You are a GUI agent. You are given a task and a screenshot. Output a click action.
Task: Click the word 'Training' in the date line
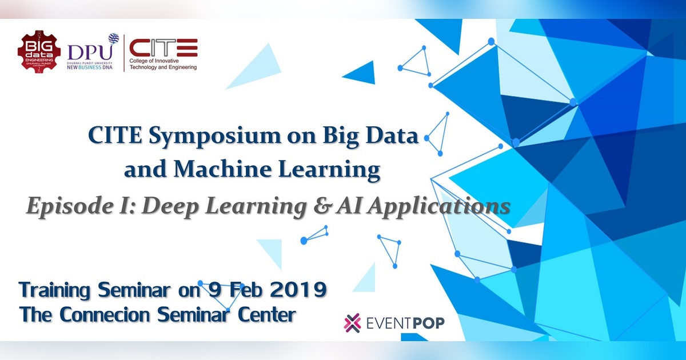coord(55,290)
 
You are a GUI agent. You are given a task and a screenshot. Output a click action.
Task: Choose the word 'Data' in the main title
coord(393,137)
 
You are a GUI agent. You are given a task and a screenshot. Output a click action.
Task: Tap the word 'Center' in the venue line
coord(267,314)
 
